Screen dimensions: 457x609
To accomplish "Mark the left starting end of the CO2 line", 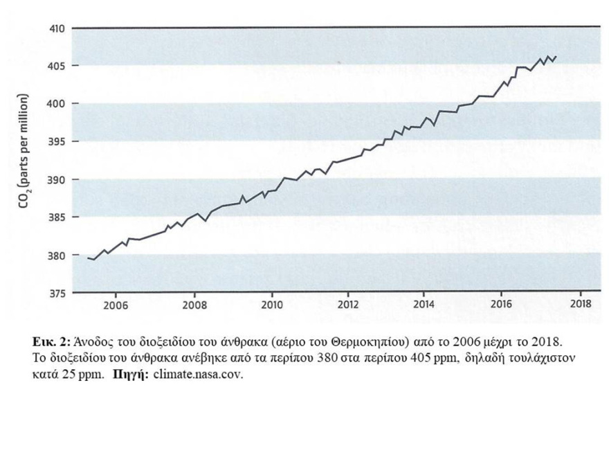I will (88, 258).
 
